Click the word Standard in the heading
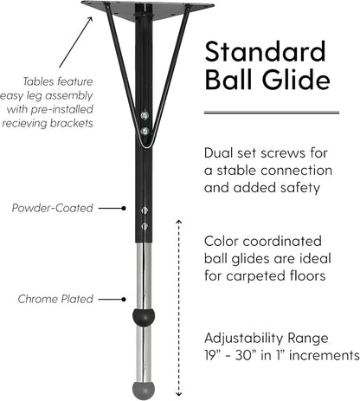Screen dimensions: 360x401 pos(266,51)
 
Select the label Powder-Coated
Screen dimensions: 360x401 pos(53,208)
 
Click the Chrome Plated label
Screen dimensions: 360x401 pos(55,299)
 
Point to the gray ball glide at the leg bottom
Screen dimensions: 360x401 pos(144,391)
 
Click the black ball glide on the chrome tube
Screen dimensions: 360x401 pos(144,316)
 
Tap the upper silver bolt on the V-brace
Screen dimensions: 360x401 pos(145,115)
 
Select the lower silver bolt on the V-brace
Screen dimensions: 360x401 pos(145,132)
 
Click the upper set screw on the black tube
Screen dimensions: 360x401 pos(145,210)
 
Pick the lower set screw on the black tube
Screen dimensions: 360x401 pos(145,226)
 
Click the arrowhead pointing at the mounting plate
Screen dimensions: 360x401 pos(90,20)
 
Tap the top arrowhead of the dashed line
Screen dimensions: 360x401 pos(179,222)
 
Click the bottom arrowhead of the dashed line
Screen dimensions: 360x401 pos(179,394)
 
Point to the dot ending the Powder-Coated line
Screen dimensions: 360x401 pos(124,208)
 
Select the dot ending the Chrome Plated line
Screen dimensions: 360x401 pos(124,300)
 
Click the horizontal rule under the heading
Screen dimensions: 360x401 pos(272,112)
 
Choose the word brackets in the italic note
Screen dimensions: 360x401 pos(72,123)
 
